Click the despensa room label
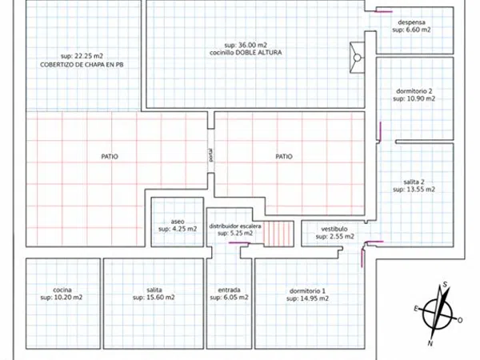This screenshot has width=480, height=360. tap(411, 22)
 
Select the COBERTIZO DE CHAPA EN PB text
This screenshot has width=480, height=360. tap(82, 65)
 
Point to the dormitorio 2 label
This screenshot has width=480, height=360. tap(414, 91)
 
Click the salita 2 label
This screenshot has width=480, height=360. tap(414, 182)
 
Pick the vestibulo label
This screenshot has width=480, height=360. tap(334, 229)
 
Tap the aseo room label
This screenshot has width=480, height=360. tap(178, 222)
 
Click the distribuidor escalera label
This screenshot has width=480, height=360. tap(235, 226)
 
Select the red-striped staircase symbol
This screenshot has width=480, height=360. tap(278, 234)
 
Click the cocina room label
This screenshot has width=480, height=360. tap(62, 290)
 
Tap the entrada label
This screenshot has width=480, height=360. tap(229, 290)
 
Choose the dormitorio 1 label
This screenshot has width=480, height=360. tap(307, 291)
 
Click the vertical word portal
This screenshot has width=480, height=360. tap(210, 155)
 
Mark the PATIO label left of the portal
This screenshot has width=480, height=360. tap(110, 157)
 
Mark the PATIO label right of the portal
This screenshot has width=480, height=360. tap(284, 157)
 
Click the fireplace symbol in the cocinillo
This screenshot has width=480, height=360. tap(357, 58)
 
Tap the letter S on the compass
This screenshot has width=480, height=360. tap(445, 285)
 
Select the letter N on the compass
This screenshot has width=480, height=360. tap(430, 343)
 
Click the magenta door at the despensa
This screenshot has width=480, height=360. tap(384, 12)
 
